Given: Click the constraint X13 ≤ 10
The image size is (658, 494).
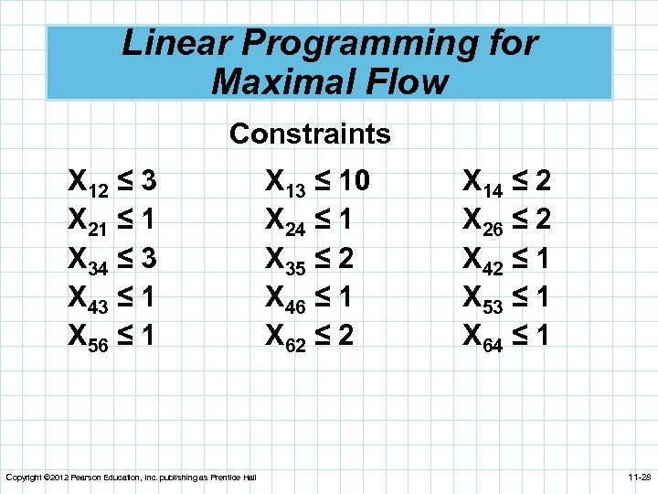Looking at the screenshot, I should tap(316, 181).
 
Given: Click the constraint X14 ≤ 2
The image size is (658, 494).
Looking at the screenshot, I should tap(507, 181).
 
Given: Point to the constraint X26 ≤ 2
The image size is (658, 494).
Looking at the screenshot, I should tap(507, 220).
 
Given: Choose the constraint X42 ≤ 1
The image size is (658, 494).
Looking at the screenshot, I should tap(507, 259).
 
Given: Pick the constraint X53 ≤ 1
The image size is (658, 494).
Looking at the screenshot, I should tap(507, 297).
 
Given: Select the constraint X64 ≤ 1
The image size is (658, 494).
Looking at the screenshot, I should tap(507, 336).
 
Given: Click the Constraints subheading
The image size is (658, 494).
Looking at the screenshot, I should tap(310, 134).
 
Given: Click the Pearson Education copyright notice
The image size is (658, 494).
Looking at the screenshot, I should tap(131, 478).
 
